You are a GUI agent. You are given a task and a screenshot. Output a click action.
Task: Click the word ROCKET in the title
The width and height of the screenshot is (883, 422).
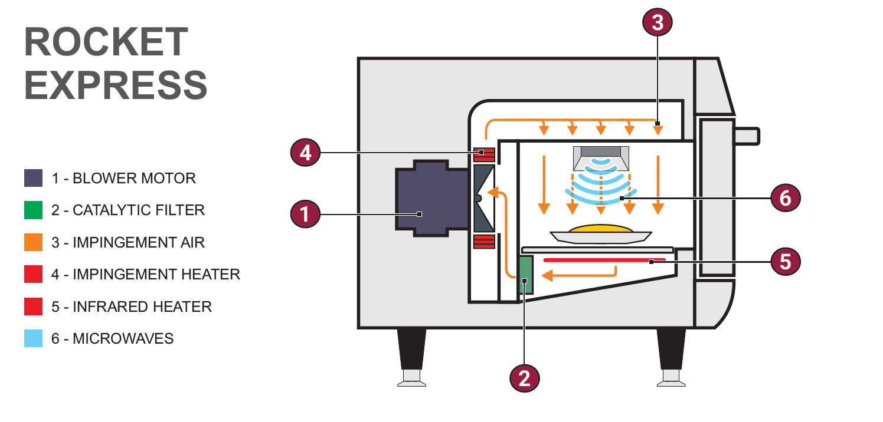point(106,42)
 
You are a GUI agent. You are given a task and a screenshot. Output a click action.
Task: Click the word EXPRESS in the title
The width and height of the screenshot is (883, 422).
point(116,84)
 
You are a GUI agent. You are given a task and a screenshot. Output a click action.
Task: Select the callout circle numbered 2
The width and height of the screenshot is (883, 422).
point(525,377)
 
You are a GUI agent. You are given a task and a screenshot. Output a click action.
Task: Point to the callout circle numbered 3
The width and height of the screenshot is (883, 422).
point(657,23)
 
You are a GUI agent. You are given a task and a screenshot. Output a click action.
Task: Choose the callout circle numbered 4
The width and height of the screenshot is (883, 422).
point(305,153)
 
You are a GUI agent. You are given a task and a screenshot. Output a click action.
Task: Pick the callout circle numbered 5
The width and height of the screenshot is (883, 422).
point(785,261)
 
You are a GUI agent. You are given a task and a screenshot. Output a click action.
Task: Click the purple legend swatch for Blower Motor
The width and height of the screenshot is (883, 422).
point(33,178)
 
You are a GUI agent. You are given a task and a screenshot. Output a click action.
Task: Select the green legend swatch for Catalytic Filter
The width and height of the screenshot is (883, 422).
point(33,210)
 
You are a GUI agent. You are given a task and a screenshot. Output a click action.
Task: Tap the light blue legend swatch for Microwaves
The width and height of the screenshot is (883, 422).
point(33,338)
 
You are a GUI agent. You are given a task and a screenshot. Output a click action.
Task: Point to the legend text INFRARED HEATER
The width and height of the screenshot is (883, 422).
point(131,306)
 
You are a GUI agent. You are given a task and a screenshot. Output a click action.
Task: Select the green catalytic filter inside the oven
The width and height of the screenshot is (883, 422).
point(525,275)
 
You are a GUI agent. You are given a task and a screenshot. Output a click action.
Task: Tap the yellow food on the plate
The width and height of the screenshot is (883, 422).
point(601,228)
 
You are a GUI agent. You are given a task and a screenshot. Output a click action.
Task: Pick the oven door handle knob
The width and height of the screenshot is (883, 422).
point(746,136)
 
